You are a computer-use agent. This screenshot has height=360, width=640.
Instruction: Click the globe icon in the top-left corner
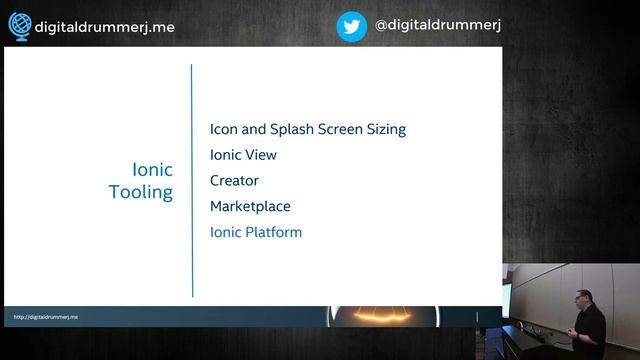(x=18, y=27)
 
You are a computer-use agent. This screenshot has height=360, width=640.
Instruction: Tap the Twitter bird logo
(x=351, y=27)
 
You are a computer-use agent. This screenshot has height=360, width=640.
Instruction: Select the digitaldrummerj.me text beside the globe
(x=104, y=27)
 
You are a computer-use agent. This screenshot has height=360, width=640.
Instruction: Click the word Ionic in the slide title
(x=153, y=169)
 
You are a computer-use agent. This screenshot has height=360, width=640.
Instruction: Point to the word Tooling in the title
(x=141, y=193)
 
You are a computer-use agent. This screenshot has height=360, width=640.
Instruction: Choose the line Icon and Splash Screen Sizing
(x=307, y=129)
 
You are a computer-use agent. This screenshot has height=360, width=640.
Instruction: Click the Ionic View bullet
(x=243, y=155)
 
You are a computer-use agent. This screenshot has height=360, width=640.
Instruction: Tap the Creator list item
(x=234, y=181)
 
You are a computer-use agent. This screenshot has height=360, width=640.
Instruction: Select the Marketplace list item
(x=250, y=207)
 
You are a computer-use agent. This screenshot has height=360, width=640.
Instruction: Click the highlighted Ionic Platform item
(x=255, y=233)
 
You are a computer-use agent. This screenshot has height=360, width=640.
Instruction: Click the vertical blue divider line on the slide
(x=192, y=180)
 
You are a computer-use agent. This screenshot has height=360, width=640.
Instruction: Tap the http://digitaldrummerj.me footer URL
(x=46, y=317)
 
